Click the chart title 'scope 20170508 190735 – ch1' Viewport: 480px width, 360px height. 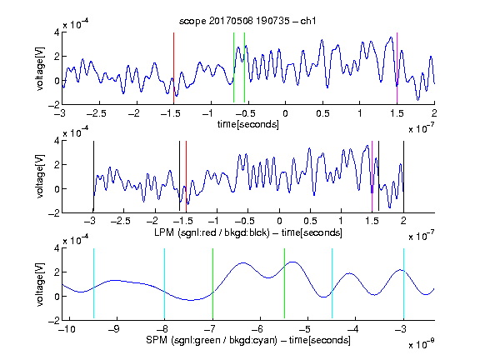click(x=247, y=21)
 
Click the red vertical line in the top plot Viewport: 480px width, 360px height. click(x=173, y=68)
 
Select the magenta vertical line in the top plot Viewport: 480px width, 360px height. click(x=397, y=68)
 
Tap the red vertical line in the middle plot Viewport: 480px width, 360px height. click(x=186, y=177)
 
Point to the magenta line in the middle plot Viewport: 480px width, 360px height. click(x=372, y=177)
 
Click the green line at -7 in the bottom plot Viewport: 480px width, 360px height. click(x=212, y=283)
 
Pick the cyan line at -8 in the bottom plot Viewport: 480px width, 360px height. click(x=165, y=283)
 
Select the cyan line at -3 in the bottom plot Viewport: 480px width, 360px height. click(x=404, y=283)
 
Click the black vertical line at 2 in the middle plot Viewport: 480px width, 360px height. click(x=403, y=176)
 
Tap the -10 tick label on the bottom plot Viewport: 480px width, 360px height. click(x=67, y=329)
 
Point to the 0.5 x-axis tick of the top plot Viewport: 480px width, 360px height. click(x=322, y=113)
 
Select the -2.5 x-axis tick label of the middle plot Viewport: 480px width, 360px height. click(x=121, y=221)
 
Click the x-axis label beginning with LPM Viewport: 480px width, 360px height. click(x=248, y=232)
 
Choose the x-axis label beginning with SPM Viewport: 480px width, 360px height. click(x=248, y=340)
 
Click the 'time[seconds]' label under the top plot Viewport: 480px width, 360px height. click(x=248, y=124)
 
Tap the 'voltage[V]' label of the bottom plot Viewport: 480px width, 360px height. click(x=40, y=284)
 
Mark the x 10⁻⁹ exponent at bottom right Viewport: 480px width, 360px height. click(x=422, y=344)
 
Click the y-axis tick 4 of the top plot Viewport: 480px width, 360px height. click(x=57, y=32)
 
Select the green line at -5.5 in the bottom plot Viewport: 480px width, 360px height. click(x=284, y=283)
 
